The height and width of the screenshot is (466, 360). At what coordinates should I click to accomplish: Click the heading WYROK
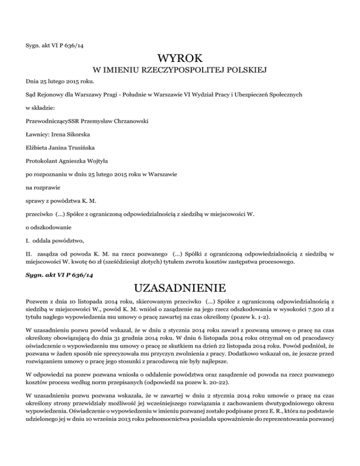pos(180,60)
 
